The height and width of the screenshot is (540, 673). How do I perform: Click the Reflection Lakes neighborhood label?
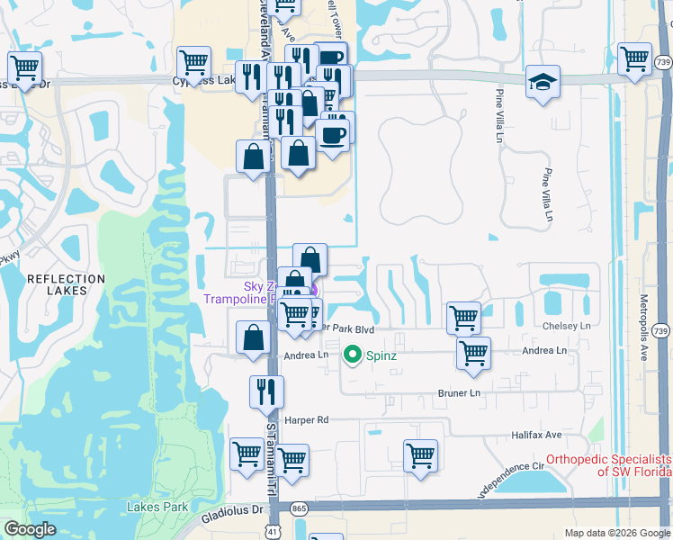click(x=67, y=285)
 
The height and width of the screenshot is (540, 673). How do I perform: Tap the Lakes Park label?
click(x=157, y=507)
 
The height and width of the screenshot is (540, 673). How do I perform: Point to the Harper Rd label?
click(x=308, y=420)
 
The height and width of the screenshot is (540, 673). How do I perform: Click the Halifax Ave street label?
click(x=536, y=435)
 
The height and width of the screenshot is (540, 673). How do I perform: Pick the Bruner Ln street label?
click(x=460, y=393)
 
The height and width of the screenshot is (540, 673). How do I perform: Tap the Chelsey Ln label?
click(x=566, y=326)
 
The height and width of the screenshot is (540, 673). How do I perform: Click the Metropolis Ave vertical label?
click(x=643, y=324)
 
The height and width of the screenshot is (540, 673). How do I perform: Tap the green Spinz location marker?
click(x=353, y=355)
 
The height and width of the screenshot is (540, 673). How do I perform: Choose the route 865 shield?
click(x=300, y=509)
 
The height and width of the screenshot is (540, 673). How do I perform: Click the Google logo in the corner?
click(x=31, y=530)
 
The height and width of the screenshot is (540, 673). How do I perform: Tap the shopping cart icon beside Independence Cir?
click(x=420, y=454)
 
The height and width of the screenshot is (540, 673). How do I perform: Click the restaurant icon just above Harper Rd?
click(x=266, y=390)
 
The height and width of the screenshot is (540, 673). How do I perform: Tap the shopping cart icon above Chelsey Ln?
click(x=463, y=316)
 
